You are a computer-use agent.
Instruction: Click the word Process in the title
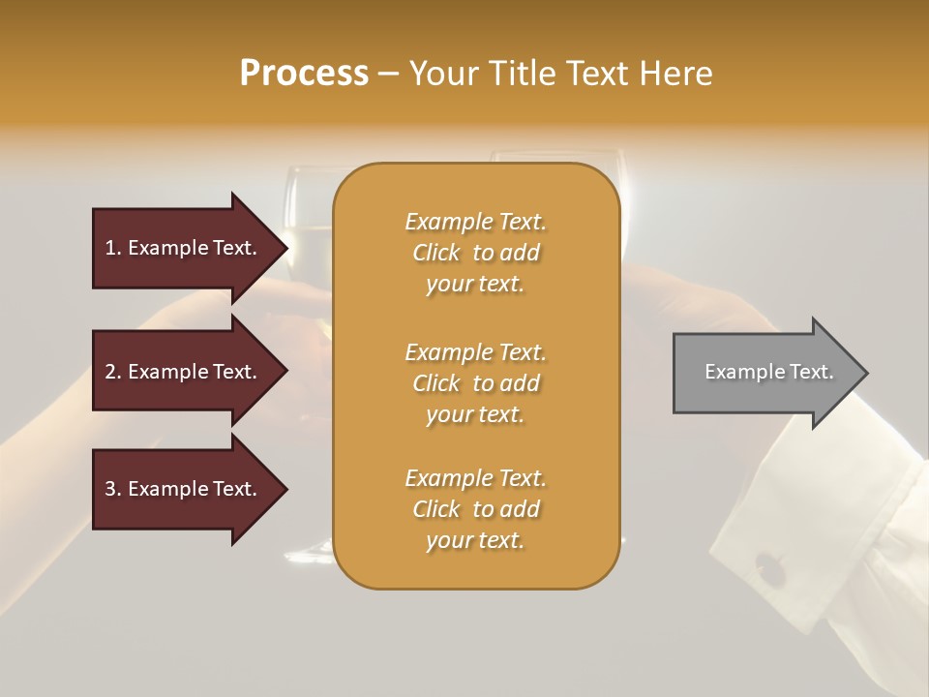coord(304,74)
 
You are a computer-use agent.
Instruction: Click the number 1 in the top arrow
coord(110,248)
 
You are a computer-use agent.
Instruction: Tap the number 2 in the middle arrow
coord(110,372)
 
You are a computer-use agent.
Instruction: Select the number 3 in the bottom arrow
coord(110,489)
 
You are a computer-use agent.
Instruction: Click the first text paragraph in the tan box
coord(475,253)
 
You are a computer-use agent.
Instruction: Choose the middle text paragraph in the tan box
coord(475,382)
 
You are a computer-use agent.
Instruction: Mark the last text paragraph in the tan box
coord(475,509)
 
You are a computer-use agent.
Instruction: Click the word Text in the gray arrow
coord(812,372)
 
